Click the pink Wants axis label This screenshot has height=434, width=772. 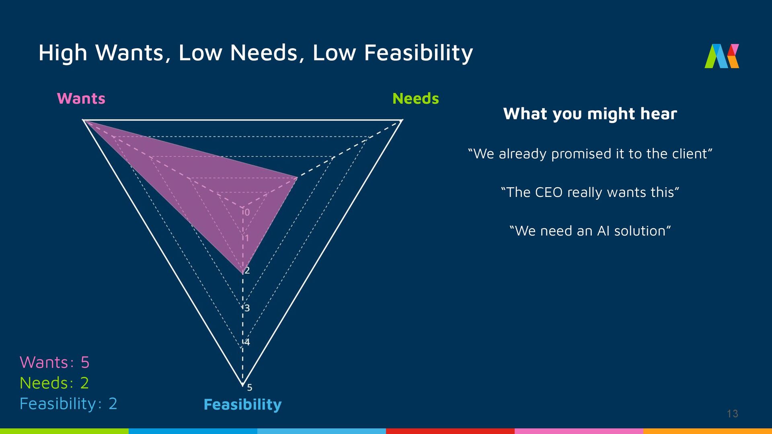[x=81, y=99]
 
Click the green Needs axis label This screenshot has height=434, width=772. [x=415, y=99]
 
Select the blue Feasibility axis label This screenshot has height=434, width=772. [x=242, y=404]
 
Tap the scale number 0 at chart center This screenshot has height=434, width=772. [x=247, y=212]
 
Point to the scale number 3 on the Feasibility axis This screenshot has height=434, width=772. [x=247, y=308]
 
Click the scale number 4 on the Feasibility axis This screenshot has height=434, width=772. [x=247, y=342]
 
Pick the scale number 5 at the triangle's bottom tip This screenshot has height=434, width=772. [x=250, y=387]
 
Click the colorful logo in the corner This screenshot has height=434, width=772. [x=721, y=56]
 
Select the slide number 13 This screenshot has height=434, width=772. [x=732, y=414]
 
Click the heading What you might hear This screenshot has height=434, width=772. [x=590, y=114]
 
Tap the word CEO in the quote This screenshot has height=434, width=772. [x=548, y=192]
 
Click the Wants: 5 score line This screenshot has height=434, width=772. [x=55, y=362]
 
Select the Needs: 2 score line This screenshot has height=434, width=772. [x=54, y=383]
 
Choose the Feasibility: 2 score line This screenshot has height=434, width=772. [x=68, y=403]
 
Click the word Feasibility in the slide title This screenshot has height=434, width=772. [x=418, y=53]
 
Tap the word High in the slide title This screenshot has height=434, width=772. [x=63, y=53]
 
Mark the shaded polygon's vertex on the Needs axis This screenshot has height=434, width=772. [x=297, y=177]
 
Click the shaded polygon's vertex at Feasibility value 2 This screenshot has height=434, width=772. [x=243, y=274]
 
